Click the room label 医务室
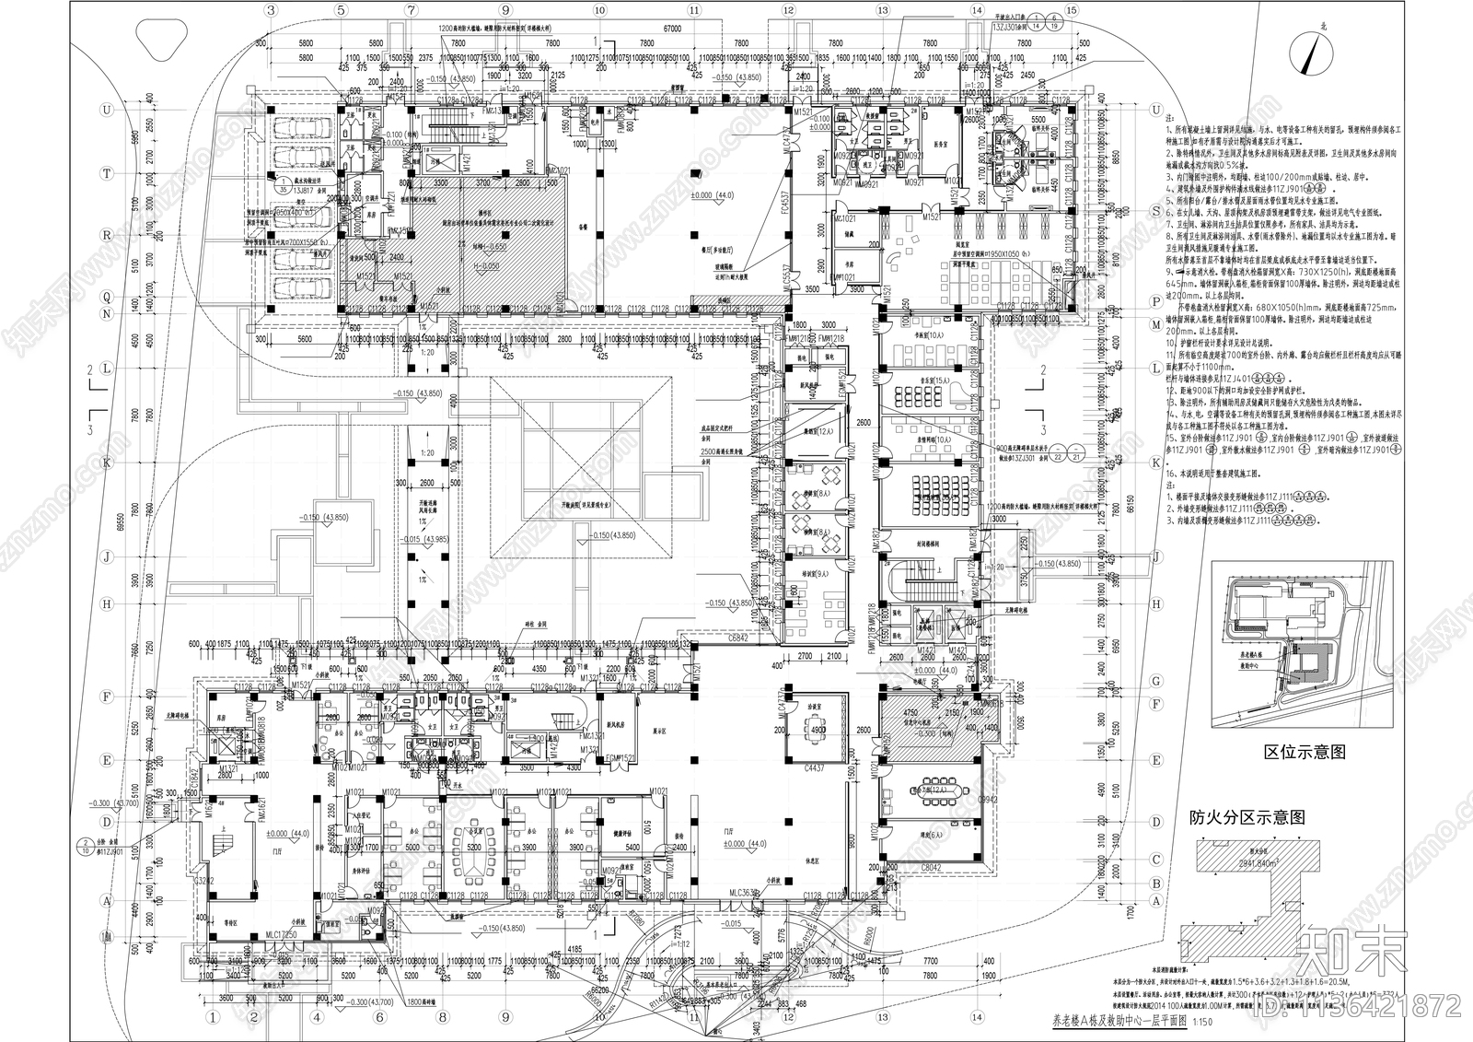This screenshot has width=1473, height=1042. [x=939, y=144]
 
